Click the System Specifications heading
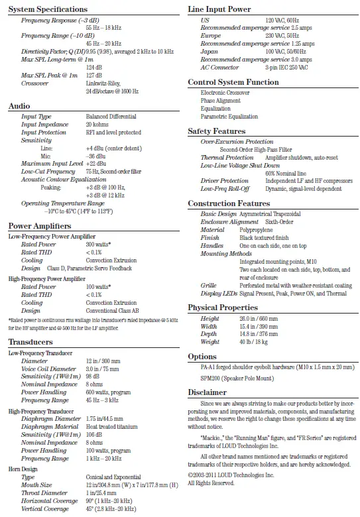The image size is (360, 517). coord(47,9)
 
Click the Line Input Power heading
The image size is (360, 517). coord(219,9)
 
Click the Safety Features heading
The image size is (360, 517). coord(216,131)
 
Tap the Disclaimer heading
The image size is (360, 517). coord(207,392)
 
